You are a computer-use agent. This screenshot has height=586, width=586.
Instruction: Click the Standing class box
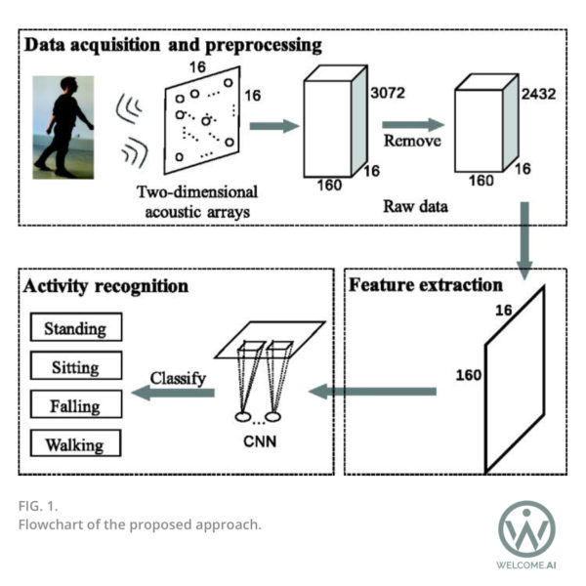(x=76, y=327)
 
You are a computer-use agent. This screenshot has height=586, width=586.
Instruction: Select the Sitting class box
(x=76, y=365)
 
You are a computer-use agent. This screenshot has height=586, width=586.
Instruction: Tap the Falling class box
(x=76, y=404)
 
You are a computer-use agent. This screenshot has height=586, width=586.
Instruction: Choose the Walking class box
(x=75, y=442)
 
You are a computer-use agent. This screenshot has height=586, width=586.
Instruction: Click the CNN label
(x=260, y=441)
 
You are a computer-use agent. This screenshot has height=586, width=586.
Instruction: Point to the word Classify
(x=178, y=379)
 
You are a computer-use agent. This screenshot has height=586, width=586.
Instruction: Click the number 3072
(x=388, y=93)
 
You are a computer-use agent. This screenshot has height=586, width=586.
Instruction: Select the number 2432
(x=538, y=94)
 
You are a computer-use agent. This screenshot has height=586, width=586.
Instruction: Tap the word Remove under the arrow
(x=412, y=141)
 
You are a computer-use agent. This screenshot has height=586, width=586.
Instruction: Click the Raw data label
(x=416, y=206)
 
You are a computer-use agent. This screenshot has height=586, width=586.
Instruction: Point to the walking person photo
(x=63, y=127)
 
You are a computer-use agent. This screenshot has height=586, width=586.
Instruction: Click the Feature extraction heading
(x=426, y=285)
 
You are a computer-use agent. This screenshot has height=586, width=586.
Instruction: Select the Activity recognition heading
(x=105, y=286)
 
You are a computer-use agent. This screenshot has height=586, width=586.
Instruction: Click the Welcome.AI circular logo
(x=527, y=529)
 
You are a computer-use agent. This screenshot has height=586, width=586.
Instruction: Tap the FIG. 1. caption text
(x=38, y=506)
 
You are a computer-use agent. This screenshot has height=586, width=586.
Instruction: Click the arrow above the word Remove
(x=413, y=125)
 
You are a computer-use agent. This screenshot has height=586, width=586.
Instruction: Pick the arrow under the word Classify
(x=173, y=393)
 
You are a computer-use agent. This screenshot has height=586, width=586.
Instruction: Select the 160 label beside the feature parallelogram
(x=468, y=375)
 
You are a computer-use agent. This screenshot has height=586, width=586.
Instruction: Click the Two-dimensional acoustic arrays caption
(x=197, y=202)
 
